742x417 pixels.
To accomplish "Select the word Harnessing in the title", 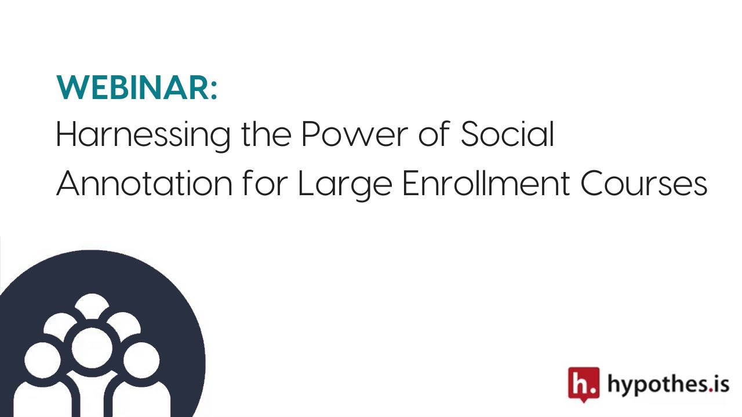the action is coord(143,136).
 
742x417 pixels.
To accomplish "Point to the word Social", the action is coord(507,133).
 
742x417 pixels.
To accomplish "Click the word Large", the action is coord(345,185).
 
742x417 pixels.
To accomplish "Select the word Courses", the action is coord(644,183).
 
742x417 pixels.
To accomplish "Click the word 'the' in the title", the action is coord(266,133).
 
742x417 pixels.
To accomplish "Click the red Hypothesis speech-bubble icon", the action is coord(584,384).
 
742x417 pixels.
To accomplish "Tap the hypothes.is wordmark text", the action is coord(668,385).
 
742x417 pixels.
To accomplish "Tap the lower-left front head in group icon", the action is coord(42,360).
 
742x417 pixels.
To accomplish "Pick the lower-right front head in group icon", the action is coord(141,360).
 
